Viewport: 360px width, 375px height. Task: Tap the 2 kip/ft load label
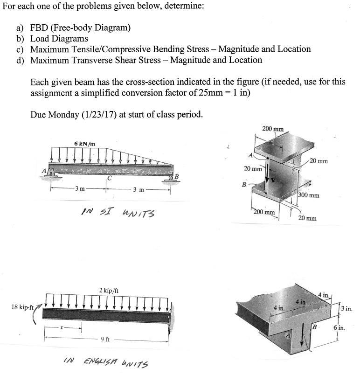point(109,291)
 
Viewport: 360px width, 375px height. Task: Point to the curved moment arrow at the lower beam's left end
point(36,313)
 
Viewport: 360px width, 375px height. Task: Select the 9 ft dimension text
point(105,339)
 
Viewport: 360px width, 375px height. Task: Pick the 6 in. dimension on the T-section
point(339,328)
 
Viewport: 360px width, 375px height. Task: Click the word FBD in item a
point(41,28)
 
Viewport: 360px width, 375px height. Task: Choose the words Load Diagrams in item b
point(59,39)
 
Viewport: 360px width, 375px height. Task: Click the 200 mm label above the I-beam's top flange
point(273,128)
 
